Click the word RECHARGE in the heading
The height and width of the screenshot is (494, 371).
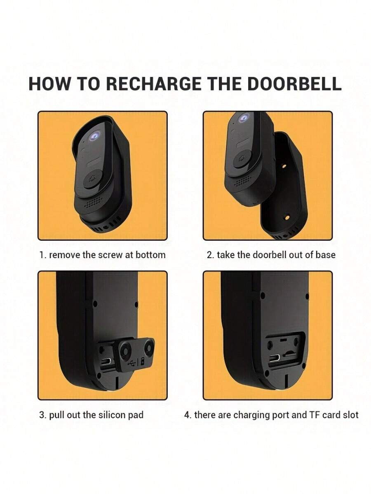[x=153, y=84]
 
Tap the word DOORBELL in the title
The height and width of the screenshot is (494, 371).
[x=294, y=84]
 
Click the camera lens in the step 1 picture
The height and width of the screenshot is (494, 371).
[x=94, y=136]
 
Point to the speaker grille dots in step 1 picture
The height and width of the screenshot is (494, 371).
[x=93, y=203]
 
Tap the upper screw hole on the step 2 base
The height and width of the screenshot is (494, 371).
[x=284, y=166]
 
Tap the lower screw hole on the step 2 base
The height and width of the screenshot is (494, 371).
[x=287, y=218]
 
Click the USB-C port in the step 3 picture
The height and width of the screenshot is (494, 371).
[x=106, y=362]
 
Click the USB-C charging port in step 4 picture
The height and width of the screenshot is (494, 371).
[x=275, y=358]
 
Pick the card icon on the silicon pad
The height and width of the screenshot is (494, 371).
[x=143, y=361]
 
